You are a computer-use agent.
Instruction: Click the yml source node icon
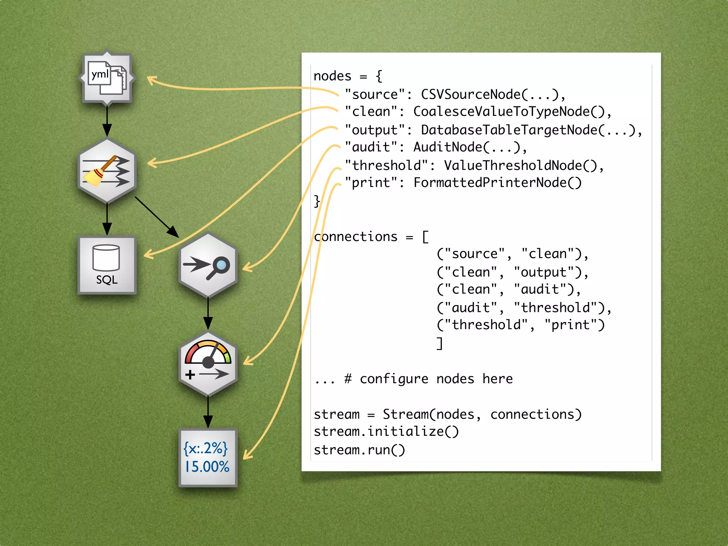tap(107, 78)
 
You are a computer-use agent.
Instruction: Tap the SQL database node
tap(107, 265)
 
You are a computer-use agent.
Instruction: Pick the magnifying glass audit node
tap(208, 265)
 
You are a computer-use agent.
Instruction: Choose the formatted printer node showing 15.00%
tap(208, 458)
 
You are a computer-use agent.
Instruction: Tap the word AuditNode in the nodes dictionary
tap(448, 147)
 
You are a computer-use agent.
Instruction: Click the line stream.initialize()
tap(386, 432)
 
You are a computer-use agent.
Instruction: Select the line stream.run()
tap(359, 450)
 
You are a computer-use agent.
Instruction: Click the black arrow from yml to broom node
tap(107, 121)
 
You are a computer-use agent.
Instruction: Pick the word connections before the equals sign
tap(355, 237)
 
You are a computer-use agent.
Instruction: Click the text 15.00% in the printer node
tap(207, 467)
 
